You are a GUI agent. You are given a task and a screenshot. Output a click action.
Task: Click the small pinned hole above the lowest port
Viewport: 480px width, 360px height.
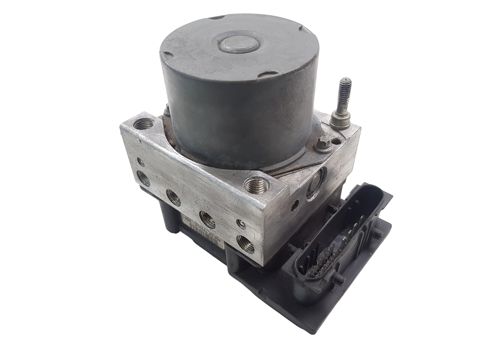tap(240, 223)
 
